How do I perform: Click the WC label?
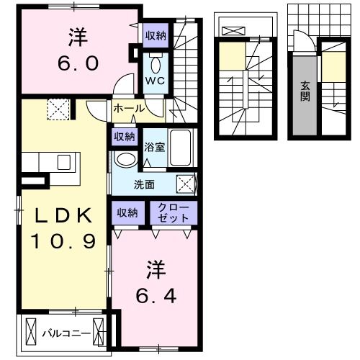(156, 80)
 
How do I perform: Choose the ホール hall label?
(128, 109)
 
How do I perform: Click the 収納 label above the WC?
(156, 35)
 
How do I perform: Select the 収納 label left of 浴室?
(123, 135)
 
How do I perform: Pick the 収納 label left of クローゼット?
(128, 212)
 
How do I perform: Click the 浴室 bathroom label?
(155, 148)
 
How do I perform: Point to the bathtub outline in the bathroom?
(180, 147)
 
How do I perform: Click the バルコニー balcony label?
(65, 333)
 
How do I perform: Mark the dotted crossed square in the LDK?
(57, 110)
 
